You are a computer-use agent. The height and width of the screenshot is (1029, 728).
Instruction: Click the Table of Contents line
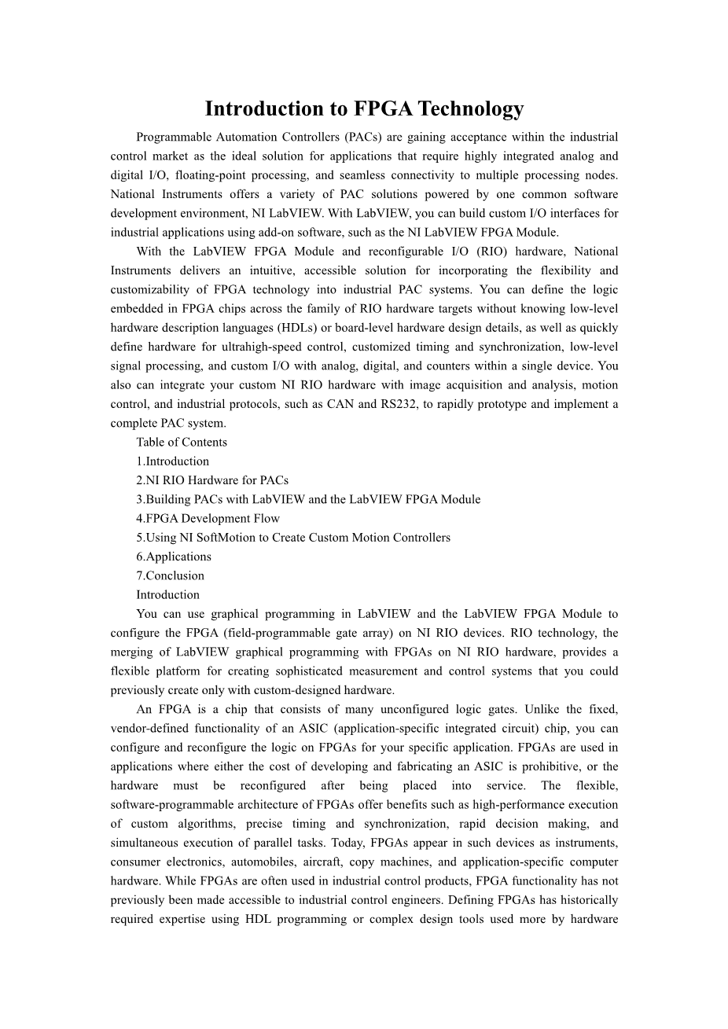182,442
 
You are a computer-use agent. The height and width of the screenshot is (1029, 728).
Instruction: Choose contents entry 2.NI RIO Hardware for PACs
212,480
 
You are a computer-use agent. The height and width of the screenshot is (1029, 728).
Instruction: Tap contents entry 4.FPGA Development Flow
208,518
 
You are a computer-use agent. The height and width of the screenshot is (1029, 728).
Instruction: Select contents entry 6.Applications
174,557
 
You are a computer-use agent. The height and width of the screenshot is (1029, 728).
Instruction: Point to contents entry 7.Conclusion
170,575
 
